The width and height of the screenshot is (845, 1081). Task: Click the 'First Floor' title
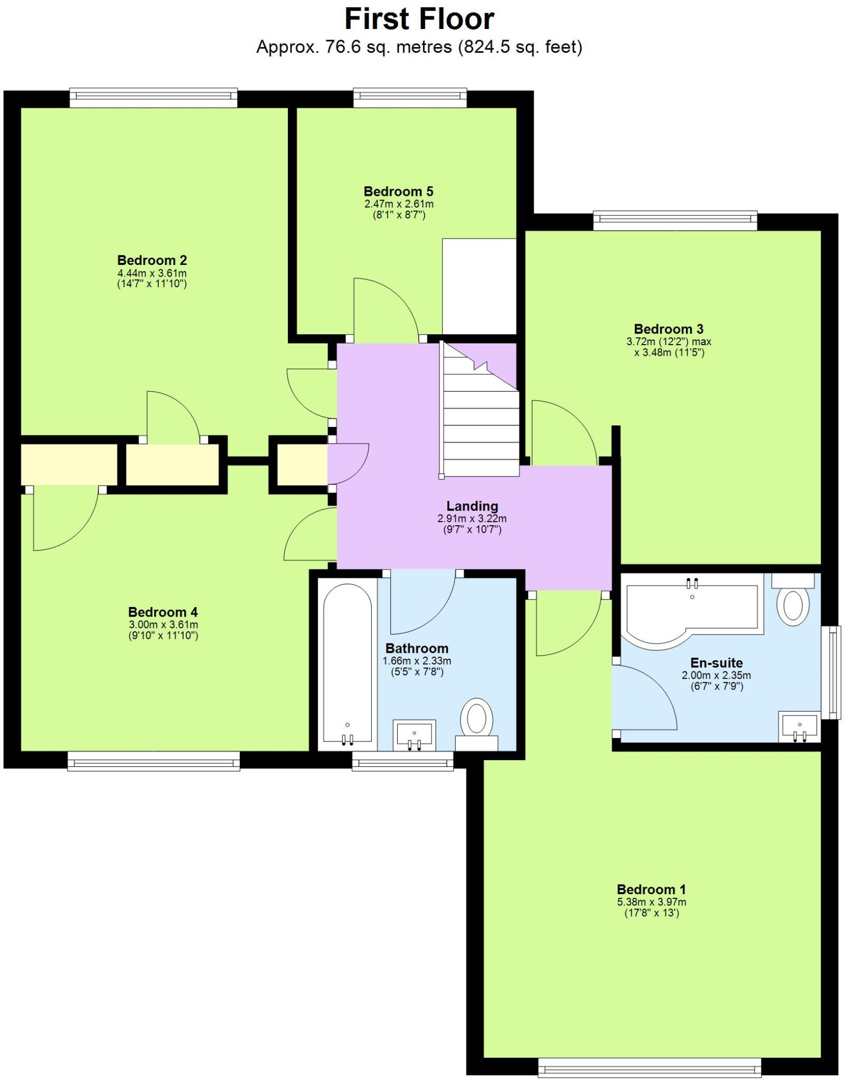coord(419,20)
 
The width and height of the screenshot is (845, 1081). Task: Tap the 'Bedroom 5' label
coord(398,191)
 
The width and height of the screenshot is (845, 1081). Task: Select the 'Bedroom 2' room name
coord(152,260)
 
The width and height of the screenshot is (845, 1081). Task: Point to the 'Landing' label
coord(472,506)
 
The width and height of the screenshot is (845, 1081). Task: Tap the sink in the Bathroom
coord(415,734)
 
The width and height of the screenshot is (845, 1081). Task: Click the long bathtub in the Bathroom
coord(347,664)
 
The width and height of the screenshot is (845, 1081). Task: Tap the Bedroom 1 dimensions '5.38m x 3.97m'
coord(651,902)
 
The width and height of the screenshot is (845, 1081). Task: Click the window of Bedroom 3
coord(675,221)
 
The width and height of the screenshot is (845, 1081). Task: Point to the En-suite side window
coord(833,672)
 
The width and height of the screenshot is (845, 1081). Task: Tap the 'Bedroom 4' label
coord(163,612)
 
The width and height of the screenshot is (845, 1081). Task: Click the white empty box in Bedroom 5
coord(478,286)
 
